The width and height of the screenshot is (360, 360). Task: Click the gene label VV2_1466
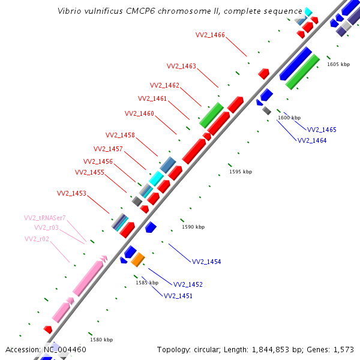(210, 35)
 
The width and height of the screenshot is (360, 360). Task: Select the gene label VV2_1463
(181, 66)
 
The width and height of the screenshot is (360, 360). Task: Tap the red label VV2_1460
(139, 113)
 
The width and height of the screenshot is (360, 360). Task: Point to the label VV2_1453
(71, 193)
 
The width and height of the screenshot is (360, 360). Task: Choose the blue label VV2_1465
(322, 130)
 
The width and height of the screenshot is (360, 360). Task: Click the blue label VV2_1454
(206, 262)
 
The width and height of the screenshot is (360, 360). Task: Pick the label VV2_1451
(178, 296)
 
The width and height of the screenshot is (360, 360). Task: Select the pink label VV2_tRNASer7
(44, 218)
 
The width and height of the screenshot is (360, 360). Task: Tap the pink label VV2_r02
(37, 239)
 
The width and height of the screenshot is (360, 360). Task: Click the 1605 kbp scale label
(338, 64)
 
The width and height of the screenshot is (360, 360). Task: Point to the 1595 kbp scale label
(241, 172)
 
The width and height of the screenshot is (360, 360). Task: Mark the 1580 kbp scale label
(101, 340)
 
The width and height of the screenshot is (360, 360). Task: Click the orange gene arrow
(138, 259)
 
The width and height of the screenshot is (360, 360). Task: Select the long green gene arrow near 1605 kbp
(302, 71)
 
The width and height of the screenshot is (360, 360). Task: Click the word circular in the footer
(206, 349)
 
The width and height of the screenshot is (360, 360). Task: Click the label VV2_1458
(120, 135)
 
